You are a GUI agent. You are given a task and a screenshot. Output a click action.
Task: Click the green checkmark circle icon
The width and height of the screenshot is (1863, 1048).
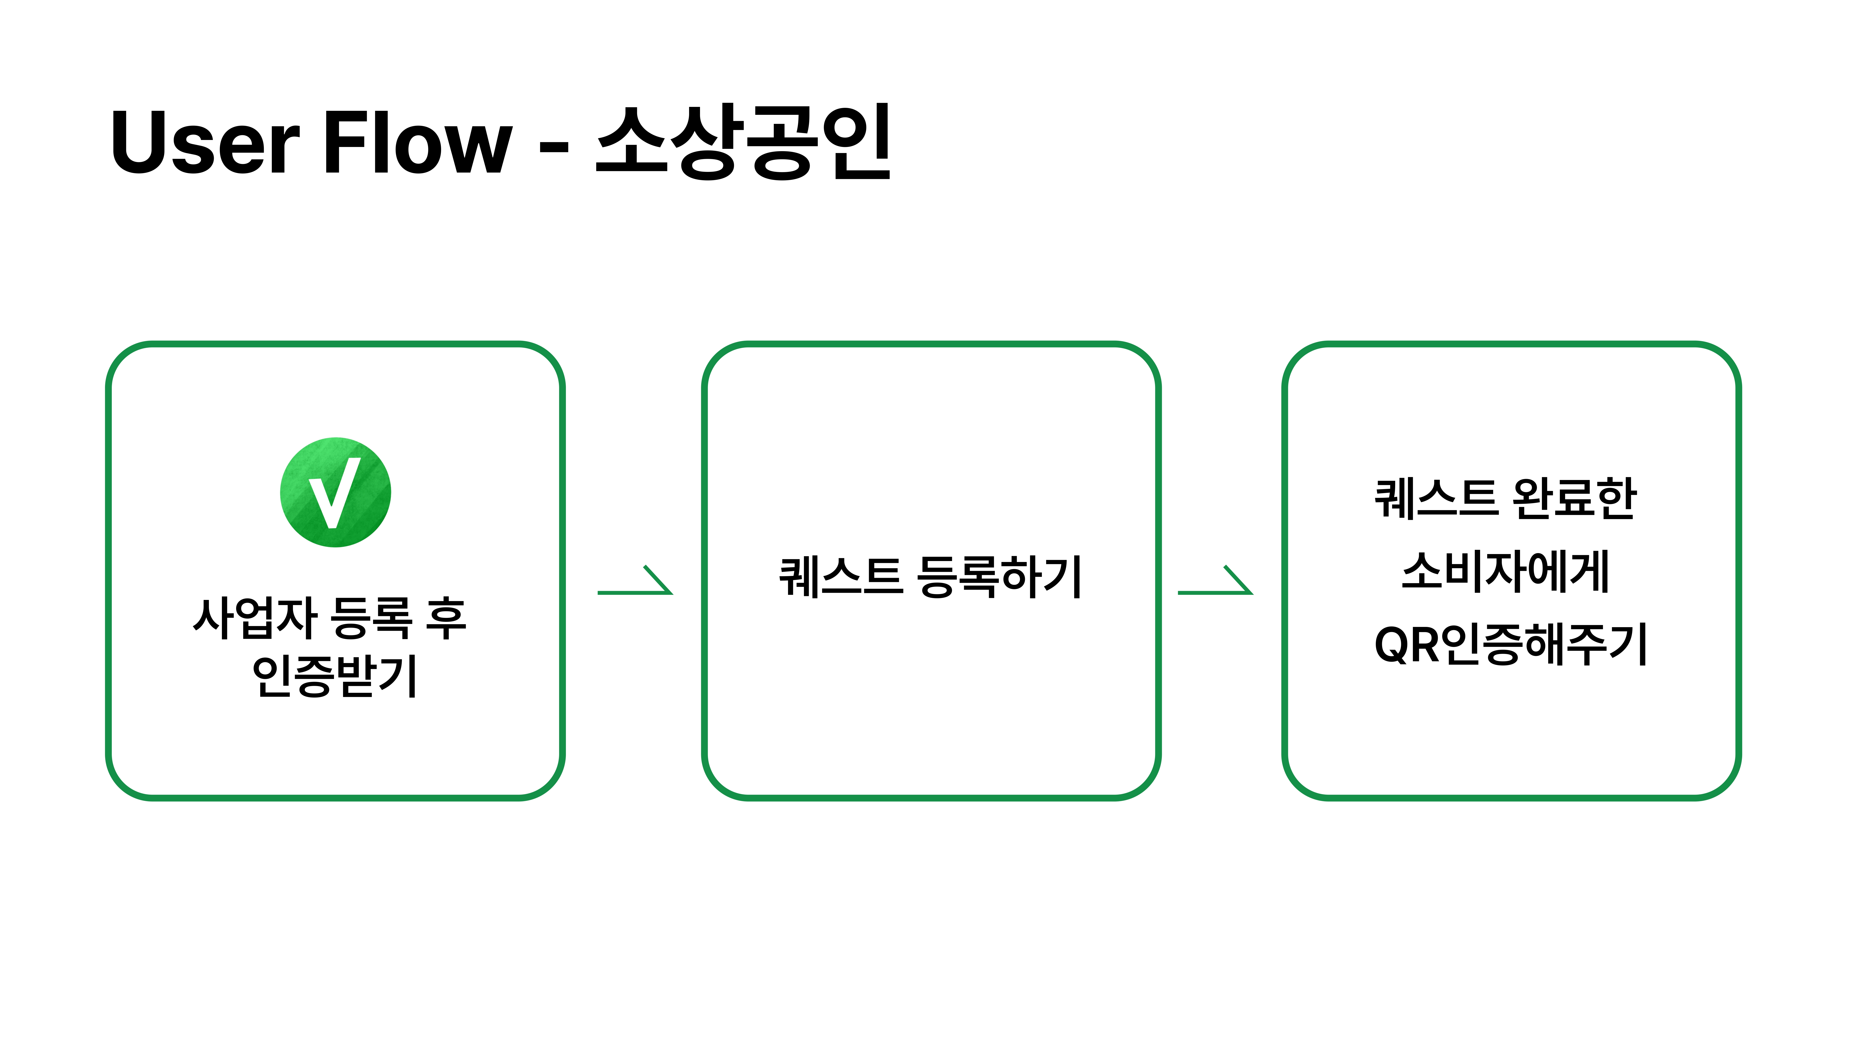(x=336, y=493)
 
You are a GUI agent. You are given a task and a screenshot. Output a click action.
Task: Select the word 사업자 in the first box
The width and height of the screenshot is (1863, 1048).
(x=255, y=618)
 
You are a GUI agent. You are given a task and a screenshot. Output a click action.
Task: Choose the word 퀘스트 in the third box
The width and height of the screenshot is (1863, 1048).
(x=1436, y=498)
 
